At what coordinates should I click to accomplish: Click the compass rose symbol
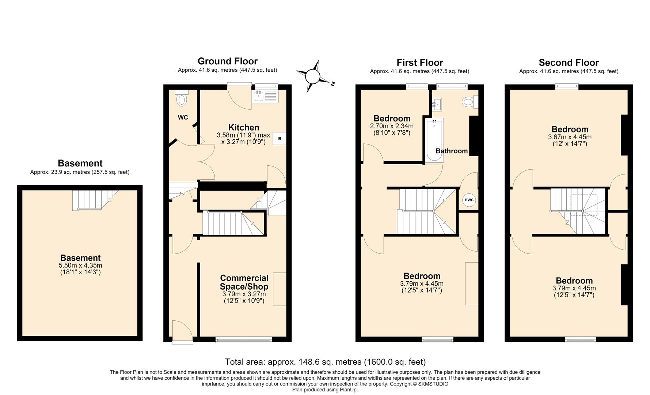313,77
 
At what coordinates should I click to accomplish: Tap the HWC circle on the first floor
469,200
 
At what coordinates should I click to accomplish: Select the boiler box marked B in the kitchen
280,139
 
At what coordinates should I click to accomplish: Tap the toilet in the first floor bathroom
470,102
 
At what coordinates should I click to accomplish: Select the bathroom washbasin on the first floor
437,104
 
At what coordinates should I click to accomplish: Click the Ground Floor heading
228,61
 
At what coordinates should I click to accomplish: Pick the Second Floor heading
569,63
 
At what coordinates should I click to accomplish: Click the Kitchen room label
244,127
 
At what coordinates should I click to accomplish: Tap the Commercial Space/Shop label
244,282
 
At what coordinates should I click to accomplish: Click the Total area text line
325,362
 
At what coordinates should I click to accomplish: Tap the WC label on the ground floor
183,117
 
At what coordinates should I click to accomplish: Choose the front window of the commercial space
244,339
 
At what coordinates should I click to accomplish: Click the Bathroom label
452,151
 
